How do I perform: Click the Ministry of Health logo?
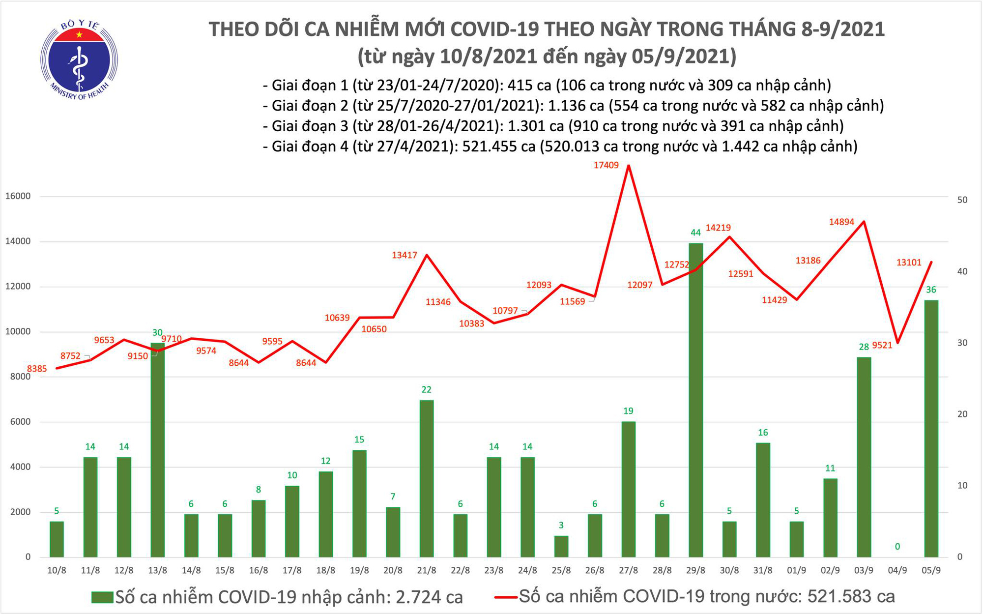(79, 60)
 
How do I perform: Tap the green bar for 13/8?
(157, 449)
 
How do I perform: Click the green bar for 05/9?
(931, 428)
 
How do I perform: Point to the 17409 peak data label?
(606, 165)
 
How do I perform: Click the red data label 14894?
(841, 222)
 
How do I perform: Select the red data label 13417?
(405, 255)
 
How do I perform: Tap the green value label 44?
(695, 233)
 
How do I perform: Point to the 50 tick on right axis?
(962, 200)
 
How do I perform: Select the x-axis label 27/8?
(628, 571)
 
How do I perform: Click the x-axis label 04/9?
(897, 571)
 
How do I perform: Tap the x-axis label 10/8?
(57, 571)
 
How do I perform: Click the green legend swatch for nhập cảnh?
(102, 598)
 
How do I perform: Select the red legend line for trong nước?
(505, 598)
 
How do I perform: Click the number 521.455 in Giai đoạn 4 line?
(489, 146)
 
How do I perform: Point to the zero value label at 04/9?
(897, 547)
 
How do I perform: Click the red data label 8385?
(37, 369)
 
